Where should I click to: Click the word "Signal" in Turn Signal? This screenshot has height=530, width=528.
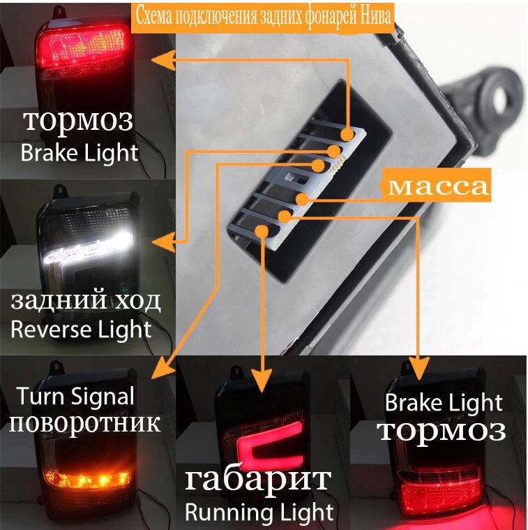104,397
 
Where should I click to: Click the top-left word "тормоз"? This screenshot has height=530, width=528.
77,121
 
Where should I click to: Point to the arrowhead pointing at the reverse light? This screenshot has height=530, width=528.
163,242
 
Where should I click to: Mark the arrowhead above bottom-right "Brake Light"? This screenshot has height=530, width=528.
418,368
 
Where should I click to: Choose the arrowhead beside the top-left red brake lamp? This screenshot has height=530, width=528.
160,61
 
